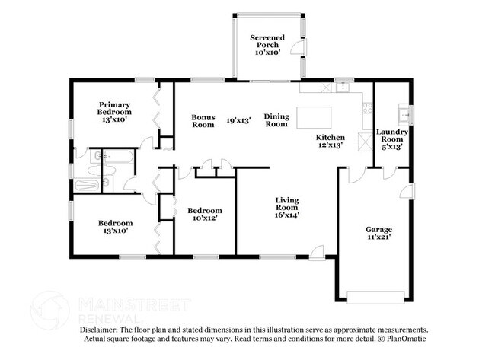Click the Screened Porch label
point(267,41)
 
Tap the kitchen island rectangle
point(314,117)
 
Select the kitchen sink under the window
point(343,87)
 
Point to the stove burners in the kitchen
point(367,108)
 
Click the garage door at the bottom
point(375,298)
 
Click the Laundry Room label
point(391,135)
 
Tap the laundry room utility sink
point(404,115)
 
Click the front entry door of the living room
point(317,253)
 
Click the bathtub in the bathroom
point(118,157)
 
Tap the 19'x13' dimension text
point(238,120)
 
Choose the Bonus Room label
point(203,121)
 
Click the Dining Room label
point(276,120)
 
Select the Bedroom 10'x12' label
point(205,214)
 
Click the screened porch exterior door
point(298,48)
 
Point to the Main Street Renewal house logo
point(49,311)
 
